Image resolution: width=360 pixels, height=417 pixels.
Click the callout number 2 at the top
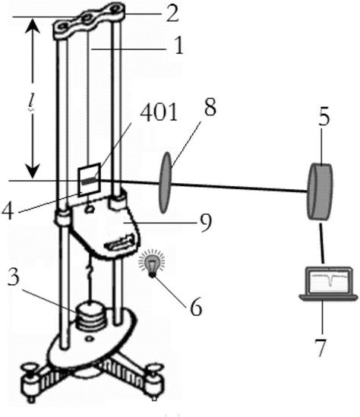172,14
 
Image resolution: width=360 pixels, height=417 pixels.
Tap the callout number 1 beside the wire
179,46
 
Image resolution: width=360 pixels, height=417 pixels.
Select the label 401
159,112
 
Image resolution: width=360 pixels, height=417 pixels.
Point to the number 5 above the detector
324,116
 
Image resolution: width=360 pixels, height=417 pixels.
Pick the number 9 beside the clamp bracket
205,223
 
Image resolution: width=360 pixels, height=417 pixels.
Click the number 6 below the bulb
197,307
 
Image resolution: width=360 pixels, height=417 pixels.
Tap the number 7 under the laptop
321,348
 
